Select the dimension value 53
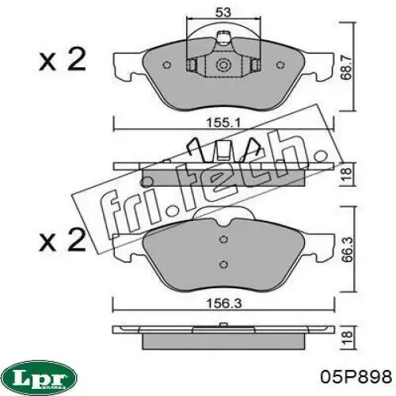[x=223, y=12]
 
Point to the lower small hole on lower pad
[x=224, y=265]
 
